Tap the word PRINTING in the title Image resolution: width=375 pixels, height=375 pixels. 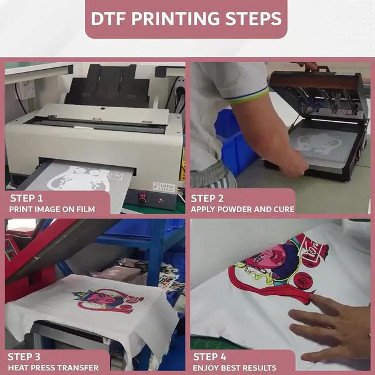tap(175, 19)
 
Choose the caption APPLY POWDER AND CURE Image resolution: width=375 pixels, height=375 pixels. tap(243, 209)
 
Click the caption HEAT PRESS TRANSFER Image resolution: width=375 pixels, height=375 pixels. tap(53, 367)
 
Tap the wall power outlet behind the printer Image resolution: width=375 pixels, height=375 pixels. tap(25, 89)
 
